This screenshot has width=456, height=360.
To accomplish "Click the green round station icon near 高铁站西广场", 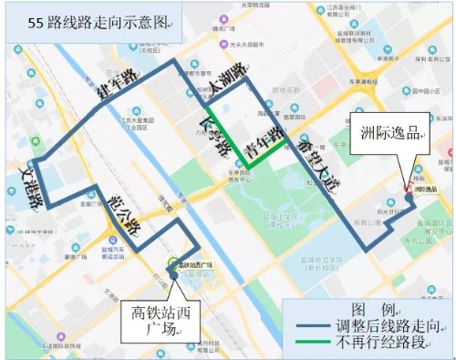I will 171,265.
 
